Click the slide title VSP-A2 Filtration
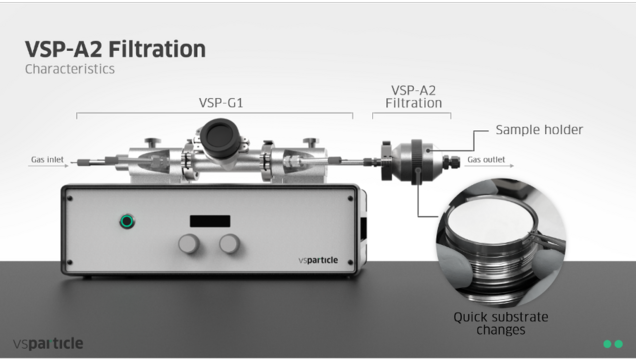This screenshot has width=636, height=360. coord(116,49)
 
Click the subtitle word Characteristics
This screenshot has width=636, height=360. coord(70,69)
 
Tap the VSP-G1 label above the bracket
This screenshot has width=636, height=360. coord(221,103)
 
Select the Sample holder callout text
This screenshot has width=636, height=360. coord(539,130)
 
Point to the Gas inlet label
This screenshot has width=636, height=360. coord(47,159)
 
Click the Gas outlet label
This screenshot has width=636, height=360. coord(486,159)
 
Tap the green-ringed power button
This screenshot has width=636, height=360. coord(127,221)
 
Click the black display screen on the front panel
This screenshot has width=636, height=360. coord(210,221)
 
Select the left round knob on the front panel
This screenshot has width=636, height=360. coord(189,244)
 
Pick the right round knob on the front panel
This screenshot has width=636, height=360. coord(230,244)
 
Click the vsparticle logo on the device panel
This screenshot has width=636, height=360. coord(318,260)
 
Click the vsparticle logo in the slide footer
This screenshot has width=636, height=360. coord(48,344)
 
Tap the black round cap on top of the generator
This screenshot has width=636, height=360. coord(219,138)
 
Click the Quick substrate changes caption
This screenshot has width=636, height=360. coord(501,323)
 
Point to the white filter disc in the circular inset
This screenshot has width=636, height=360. coord(492,217)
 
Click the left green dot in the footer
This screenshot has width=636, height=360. coord(608,344)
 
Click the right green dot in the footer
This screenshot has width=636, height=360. coord(619,344)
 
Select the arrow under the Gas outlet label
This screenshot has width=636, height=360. coord(489,165)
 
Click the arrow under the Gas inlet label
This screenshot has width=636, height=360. coord(48,165)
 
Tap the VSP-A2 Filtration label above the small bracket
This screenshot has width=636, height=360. coord(413,97)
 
